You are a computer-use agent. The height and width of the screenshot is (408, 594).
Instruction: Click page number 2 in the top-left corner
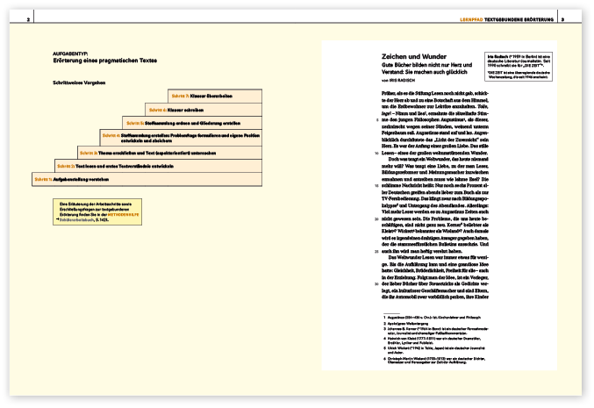coord(29,19)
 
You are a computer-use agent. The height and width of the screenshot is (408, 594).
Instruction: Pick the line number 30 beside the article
coord(363,283)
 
